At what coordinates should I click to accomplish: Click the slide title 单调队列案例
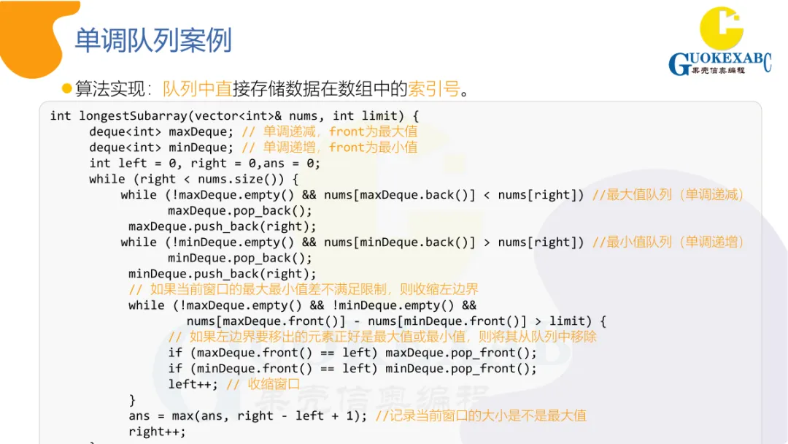(153, 40)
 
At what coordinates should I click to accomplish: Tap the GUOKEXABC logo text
(719, 61)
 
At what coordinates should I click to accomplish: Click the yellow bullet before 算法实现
(67, 88)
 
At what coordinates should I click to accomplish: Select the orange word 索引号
(434, 89)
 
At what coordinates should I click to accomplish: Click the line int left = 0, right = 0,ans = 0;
(205, 163)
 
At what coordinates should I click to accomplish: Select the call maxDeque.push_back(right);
(223, 226)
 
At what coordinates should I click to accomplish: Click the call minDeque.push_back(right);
(223, 274)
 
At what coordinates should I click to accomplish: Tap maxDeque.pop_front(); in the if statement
(461, 353)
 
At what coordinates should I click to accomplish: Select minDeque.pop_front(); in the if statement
(461, 369)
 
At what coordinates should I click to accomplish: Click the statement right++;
(157, 432)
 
